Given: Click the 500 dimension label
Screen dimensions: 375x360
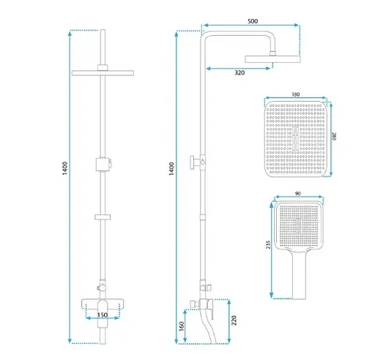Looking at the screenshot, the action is pyautogui.click(x=253, y=21).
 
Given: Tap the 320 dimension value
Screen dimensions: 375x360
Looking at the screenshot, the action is pyautogui.click(x=240, y=72).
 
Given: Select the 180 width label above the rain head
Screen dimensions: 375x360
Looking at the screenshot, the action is pyautogui.click(x=296, y=94).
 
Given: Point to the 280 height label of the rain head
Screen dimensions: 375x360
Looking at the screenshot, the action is pyautogui.click(x=334, y=136).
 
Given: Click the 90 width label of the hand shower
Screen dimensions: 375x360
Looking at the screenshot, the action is pyautogui.click(x=298, y=193).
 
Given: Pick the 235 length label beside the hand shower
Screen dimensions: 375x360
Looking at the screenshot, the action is pyautogui.click(x=268, y=244).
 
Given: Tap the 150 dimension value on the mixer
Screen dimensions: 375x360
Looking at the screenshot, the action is pyautogui.click(x=103, y=315).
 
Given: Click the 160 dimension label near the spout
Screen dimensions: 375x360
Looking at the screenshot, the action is pyautogui.click(x=182, y=326).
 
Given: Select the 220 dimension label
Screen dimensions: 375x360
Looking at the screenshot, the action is pyautogui.click(x=234, y=320).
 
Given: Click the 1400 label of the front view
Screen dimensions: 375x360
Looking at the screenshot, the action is pyautogui.click(x=64, y=168).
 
